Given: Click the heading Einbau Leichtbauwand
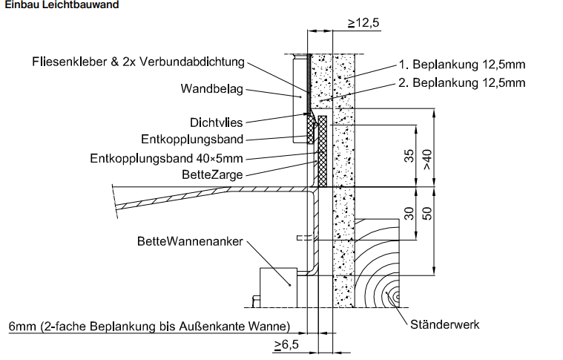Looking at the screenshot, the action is pos(62,4).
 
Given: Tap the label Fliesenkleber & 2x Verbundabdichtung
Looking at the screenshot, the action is pos(138,62).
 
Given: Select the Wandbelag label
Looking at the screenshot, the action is pos(212,89).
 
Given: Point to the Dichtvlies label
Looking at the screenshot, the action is pos(216,122).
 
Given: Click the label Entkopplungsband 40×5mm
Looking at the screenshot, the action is pos(166,158).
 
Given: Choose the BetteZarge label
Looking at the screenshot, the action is pos(212,175).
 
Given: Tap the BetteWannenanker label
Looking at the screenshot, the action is pos(190,241).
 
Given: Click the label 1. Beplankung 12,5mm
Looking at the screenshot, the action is pos(462,65).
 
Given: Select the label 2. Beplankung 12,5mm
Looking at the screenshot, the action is pos(462,83).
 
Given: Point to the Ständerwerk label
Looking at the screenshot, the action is pos(445,325).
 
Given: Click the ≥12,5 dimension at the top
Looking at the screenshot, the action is pos(363,23).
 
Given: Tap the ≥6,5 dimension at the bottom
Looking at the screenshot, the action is pos(286,345).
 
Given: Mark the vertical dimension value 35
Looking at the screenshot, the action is pos(409,156).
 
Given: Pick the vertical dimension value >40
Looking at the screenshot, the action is pos(427,160).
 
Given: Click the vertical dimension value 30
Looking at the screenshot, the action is pos(409,214).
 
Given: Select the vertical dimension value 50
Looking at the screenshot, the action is pos(427,214).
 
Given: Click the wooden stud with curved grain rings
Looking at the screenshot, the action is pos(377,263).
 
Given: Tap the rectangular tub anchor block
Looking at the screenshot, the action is pos(279,287).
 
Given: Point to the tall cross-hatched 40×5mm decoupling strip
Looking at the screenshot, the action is pos(323,151).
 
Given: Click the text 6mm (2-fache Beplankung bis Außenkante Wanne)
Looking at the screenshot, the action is pos(149,327).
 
